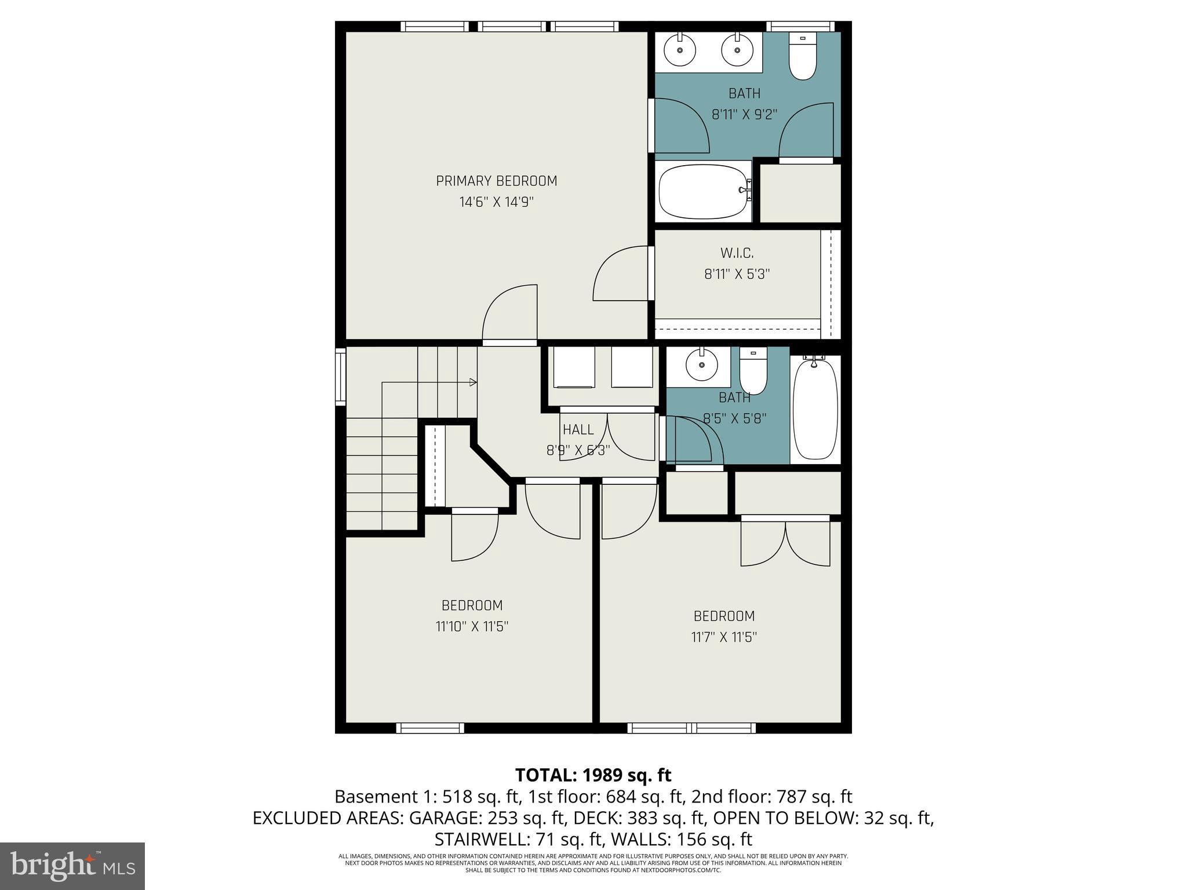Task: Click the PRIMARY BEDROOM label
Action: (496, 181)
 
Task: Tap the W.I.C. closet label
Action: (737, 253)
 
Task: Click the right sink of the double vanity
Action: (737, 50)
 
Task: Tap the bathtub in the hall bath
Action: (814, 409)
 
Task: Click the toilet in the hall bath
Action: (753, 372)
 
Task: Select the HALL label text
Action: (578, 429)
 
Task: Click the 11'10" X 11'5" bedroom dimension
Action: (472, 626)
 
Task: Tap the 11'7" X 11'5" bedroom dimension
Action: (724, 637)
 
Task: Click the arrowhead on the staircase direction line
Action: (473, 382)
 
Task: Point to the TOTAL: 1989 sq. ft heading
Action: (593, 775)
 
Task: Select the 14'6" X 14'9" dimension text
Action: (496, 202)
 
